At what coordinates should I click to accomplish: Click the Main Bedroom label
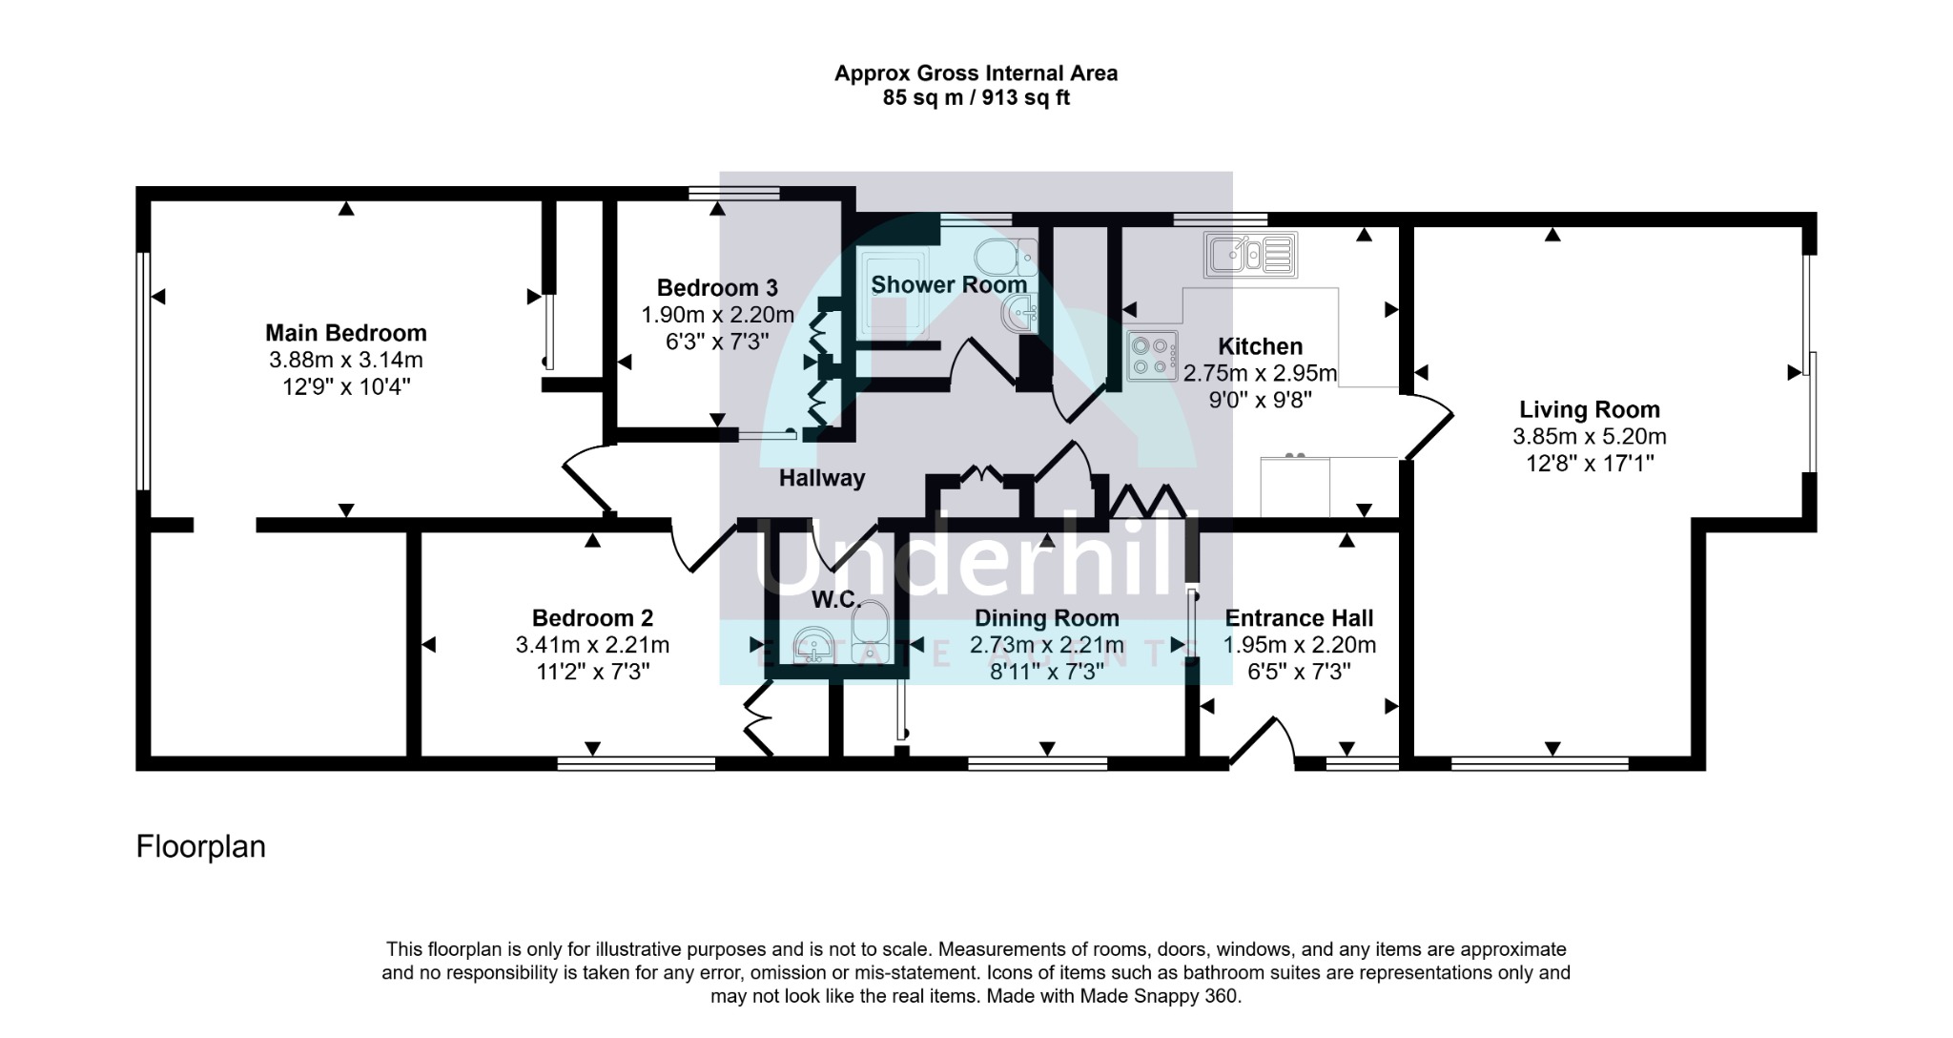(345, 333)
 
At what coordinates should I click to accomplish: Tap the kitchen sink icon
(1249, 255)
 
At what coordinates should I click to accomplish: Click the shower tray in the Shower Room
(895, 292)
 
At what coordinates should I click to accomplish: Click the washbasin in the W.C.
(812, 644)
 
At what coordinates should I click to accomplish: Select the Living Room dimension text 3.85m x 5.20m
(1589, 437)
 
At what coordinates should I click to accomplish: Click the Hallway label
(821, 478)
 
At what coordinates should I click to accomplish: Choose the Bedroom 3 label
(717, 287)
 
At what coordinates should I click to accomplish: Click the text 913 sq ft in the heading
(1022, 98)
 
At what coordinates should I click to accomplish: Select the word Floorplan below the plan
(200, 846)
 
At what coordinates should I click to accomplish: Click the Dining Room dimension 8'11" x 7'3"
(1046, 672)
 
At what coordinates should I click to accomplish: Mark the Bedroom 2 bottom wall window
(636, 763)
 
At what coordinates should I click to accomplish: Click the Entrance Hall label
(1299, 618)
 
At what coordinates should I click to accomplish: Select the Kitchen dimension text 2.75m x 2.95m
(1260, 373)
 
